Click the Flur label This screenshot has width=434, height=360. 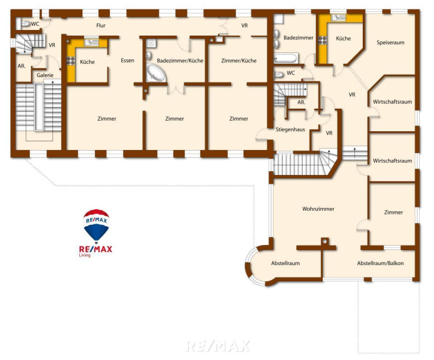101,26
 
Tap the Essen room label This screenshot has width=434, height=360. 127,61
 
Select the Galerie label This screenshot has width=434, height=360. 45,75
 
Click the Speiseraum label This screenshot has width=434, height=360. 390,42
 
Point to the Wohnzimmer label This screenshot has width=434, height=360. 318,209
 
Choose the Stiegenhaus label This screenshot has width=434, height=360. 290,129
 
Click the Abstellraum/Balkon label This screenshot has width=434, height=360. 380,263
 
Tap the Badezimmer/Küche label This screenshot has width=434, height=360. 180,61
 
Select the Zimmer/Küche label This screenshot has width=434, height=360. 239,61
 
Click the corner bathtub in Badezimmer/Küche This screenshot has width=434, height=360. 155,73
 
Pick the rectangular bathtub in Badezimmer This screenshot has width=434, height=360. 285,59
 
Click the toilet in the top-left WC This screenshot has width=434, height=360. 26,24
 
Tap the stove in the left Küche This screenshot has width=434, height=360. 71,61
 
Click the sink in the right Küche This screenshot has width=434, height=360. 338,17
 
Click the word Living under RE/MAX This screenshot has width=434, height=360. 85,256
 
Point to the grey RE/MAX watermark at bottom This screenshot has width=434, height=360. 217,346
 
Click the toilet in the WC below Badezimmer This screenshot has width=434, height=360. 279,74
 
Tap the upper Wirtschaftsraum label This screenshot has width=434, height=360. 392,102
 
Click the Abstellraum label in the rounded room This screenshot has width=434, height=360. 285,263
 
